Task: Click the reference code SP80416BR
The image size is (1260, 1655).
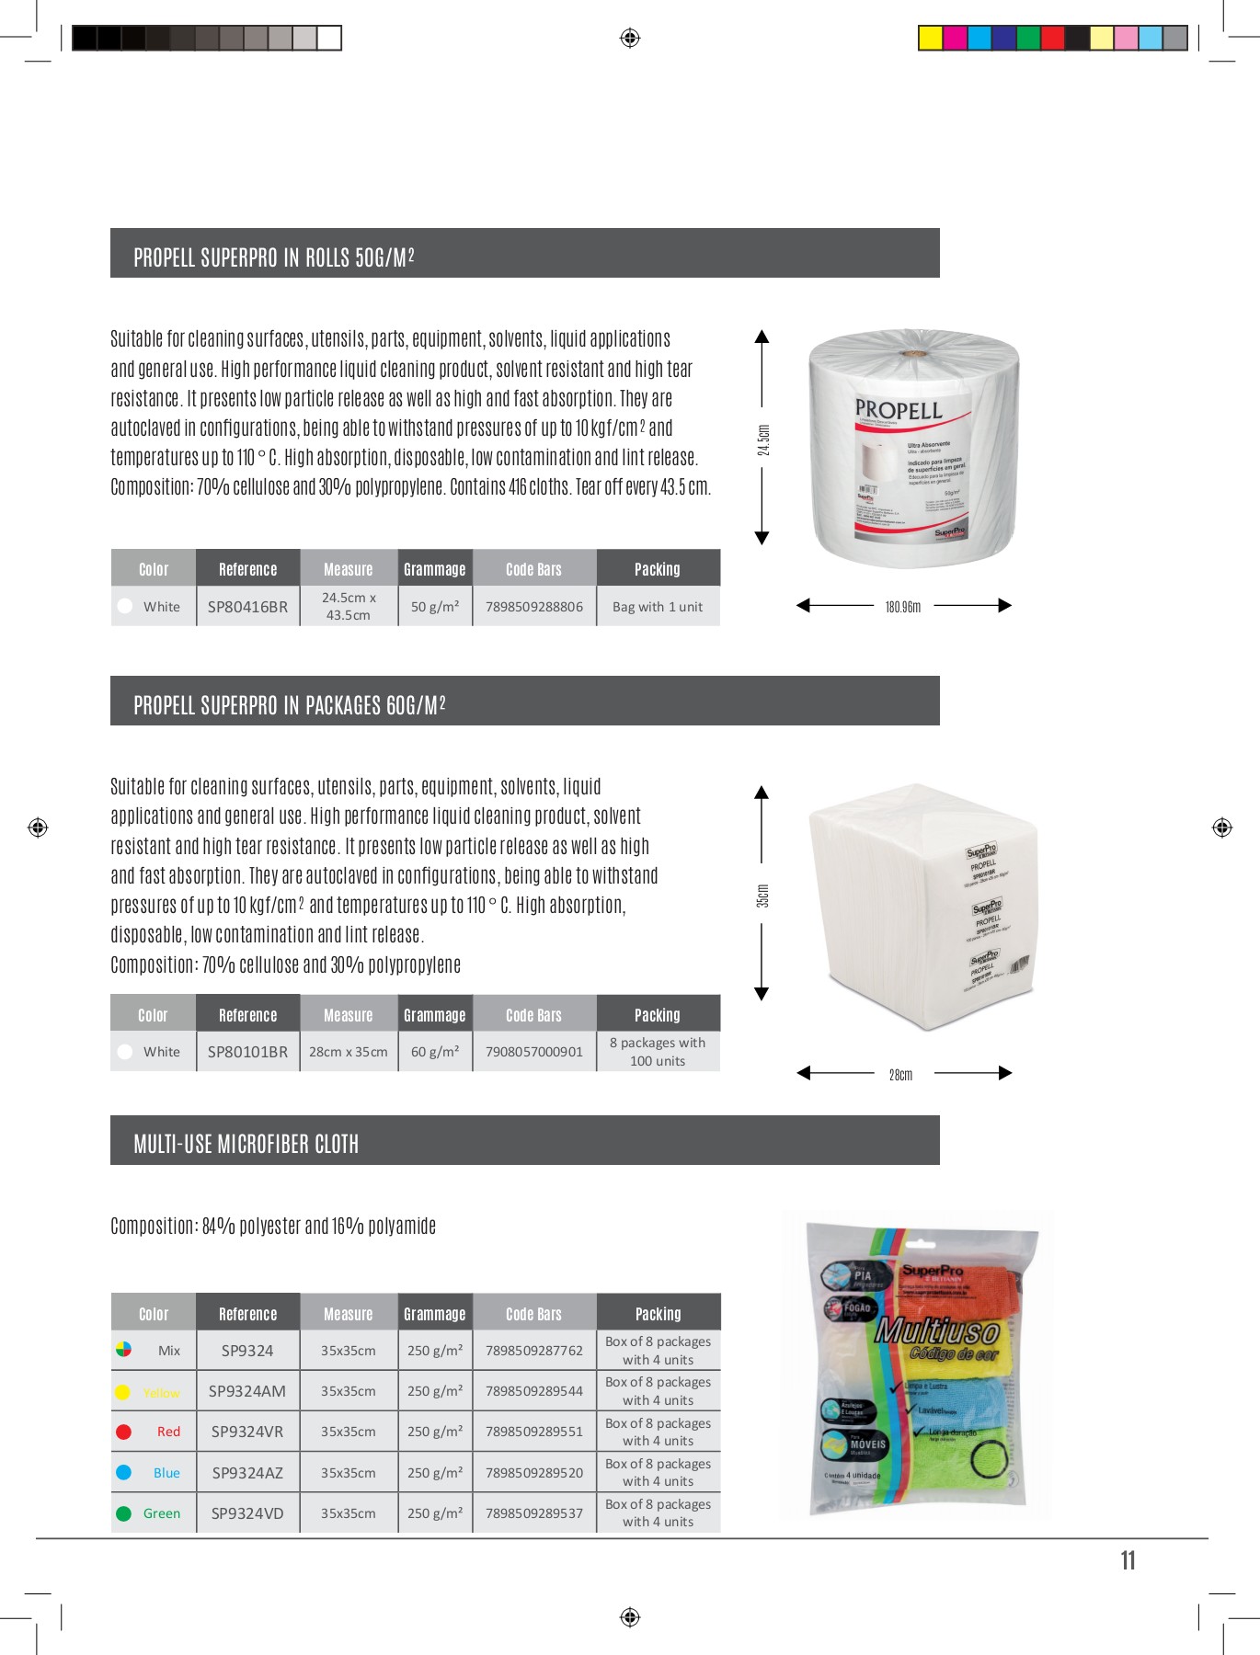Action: coord(247,607)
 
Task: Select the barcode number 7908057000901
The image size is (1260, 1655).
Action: coord(534,1052)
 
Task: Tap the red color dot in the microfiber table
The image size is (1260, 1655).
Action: coord(124,1432)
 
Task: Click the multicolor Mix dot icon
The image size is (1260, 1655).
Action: coord(124,1350)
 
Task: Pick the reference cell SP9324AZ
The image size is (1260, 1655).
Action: coord(247,1473)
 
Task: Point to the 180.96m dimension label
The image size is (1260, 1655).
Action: coord(902,607)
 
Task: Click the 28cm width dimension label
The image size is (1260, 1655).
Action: coord(901,1075)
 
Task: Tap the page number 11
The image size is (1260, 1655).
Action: coord(1128,1560)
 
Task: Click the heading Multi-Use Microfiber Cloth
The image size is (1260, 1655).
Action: coord(246,1145)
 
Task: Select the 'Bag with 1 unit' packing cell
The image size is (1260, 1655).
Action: coord(658,607)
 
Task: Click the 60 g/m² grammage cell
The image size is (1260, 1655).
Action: coord(435,1052)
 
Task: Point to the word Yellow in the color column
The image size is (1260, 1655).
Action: coord(162,1393)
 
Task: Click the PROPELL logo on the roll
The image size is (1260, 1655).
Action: coord(898,410)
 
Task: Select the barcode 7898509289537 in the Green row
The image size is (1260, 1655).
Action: coord(534,1513)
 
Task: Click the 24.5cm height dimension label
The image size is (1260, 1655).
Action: coord(763,439)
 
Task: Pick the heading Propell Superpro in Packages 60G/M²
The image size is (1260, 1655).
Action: coord(290,705)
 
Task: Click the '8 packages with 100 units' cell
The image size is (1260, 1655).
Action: coord(658,1052)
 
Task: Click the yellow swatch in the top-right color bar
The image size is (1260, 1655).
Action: coord(930,38)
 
